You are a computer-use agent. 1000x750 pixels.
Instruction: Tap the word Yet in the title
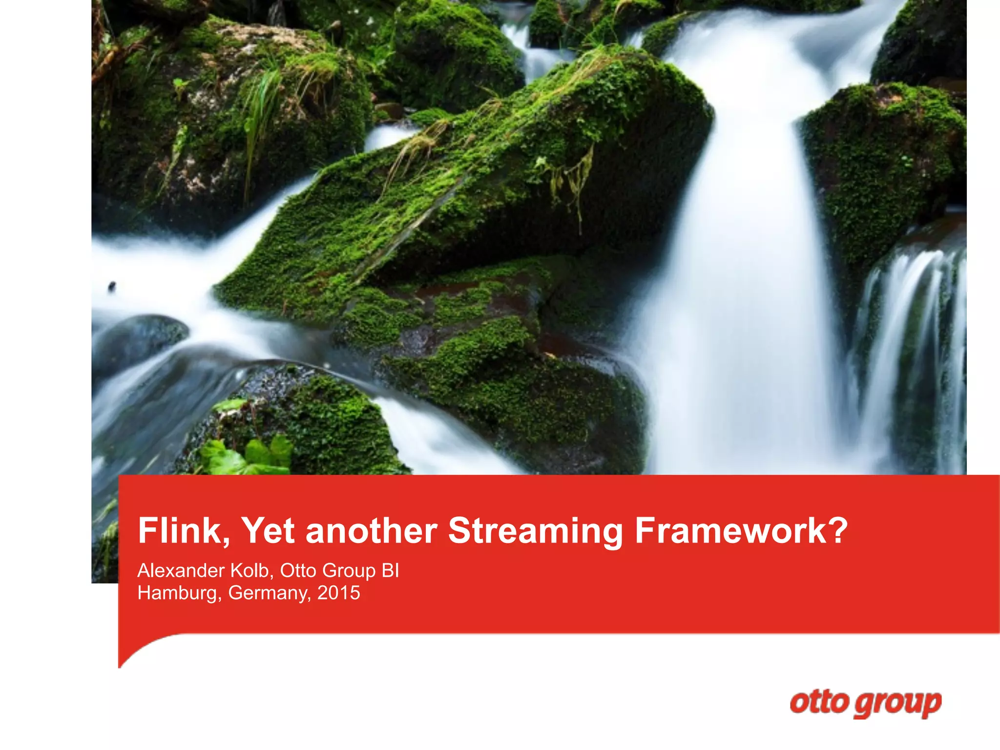pos(268,531)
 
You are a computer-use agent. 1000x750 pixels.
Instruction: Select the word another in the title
pos(371,531)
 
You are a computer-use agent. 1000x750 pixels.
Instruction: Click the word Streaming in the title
pos(535,531)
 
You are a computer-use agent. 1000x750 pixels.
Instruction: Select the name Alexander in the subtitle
pos(181,570)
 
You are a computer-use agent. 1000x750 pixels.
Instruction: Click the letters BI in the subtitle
pos(390,570)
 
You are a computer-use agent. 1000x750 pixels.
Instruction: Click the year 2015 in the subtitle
pos(339,593)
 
